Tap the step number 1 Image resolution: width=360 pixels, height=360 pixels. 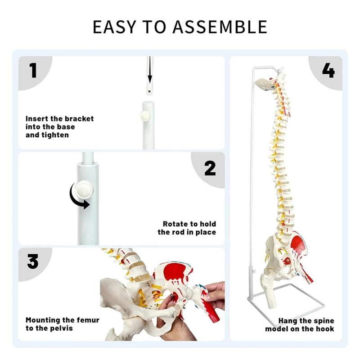33,71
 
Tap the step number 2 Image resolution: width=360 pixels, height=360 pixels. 210,168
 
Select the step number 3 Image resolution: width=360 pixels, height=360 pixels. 33,261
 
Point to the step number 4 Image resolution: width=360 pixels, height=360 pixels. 328,71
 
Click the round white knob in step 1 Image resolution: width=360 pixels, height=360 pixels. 144,116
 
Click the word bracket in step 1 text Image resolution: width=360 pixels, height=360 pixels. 79,119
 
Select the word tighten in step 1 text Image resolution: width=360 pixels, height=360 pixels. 54,135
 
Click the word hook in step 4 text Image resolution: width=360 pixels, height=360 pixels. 325,328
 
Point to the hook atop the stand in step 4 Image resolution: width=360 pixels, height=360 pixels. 279,70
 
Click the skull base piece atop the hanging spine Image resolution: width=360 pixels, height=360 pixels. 265,82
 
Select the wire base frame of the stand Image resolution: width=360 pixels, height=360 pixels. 288,306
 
